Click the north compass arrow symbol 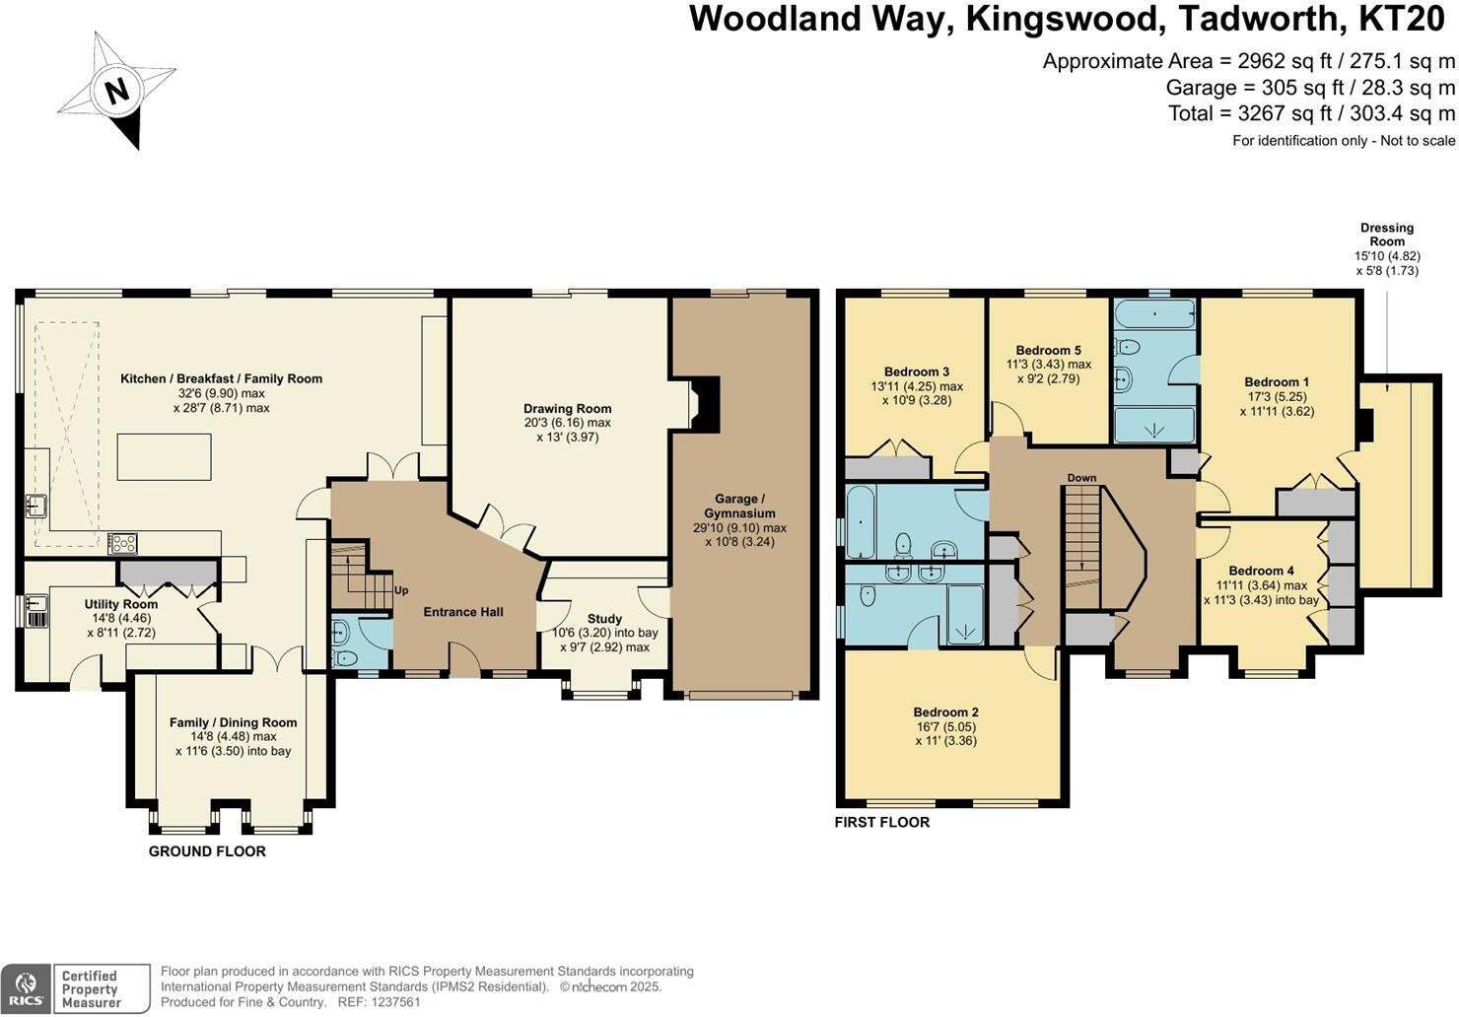coord(116,91)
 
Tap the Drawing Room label coord(567,409)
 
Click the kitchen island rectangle coord(164,456)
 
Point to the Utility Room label coord(120,605)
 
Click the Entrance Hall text coord(463,612)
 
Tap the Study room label coord(604,619)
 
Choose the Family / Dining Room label coord(233,722)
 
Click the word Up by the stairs coord(401,591)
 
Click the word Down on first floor coord(1081,478)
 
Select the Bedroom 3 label coord(917,372)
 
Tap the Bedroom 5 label coord(1048,350)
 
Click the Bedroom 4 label coord(1261,571)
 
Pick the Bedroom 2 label coord(945,712)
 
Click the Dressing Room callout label coord(1386,235)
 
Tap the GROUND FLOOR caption coord(207,851)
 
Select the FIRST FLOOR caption coord(882,822)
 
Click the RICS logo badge coord(27,988)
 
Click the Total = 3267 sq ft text coord(1311,113)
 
